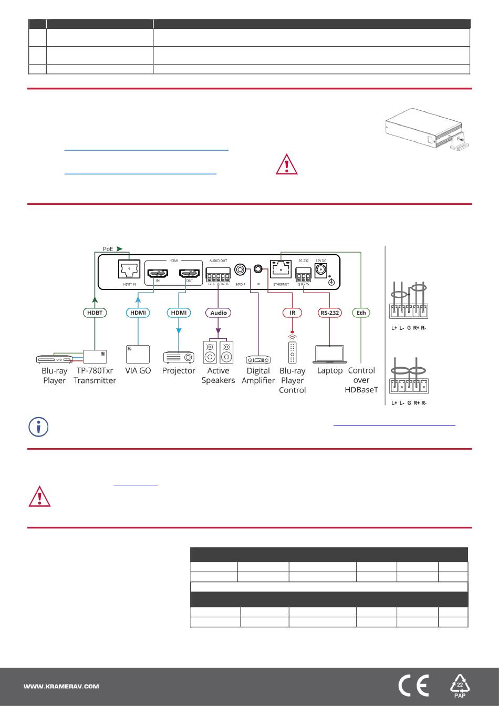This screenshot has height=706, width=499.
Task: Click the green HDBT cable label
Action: coord(95,313)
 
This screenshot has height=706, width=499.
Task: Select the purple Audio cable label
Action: coord(218,313)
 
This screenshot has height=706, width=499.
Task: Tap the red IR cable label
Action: coord(293,313)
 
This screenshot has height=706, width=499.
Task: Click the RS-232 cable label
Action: coord(329,313)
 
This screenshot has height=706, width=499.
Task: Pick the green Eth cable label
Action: coord(361,313)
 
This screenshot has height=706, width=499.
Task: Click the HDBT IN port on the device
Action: coord(129,270)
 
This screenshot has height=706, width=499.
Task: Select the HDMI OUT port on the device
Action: coord(190,273)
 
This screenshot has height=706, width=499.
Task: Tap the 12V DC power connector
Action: coord(320,270)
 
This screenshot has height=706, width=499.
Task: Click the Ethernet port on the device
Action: coord(281,269)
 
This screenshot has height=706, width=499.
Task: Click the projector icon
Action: coord(179,357)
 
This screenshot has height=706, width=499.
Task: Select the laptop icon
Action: coord(330,355)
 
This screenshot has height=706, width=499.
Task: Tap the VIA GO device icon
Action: coord(138,355)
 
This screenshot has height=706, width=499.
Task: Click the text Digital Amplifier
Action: coord(258,376)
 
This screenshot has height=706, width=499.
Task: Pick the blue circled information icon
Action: coord(38,427)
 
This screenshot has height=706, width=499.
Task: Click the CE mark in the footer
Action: coord(413,686)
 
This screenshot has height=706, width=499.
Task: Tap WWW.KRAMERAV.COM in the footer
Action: coord(61,686)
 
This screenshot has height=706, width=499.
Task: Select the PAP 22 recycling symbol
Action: coord(460,686)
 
